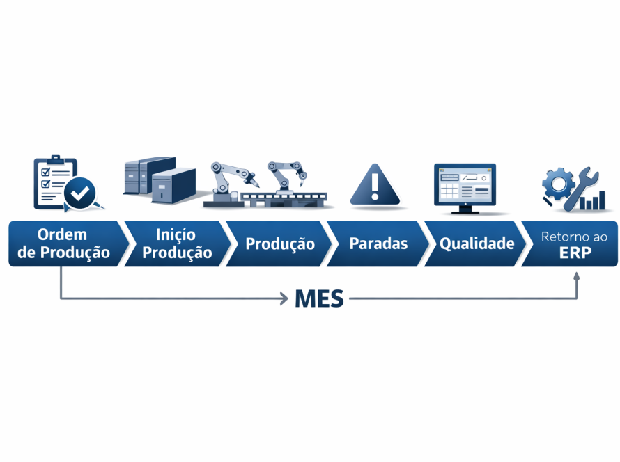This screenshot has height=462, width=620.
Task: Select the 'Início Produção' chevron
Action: coord(176,244)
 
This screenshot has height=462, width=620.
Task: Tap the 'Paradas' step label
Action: coord(378,244)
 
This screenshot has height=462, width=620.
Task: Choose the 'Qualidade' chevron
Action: coord(476,244)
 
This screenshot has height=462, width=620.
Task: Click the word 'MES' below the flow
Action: coord(319,298)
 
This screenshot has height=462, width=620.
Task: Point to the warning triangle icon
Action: coord(375,184)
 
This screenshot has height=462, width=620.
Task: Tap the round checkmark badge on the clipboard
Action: coord(80,193)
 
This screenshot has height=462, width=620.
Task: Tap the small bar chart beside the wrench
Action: coord(594,202)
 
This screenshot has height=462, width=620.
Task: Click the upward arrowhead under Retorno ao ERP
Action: coord(577,276)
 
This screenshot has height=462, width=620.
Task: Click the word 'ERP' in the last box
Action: coord(575,253)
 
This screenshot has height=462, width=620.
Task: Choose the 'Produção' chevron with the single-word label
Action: coord(279,244)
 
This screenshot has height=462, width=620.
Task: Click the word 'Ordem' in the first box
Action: coord(63,234)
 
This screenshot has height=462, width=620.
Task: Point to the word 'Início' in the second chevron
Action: coord(176,234)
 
